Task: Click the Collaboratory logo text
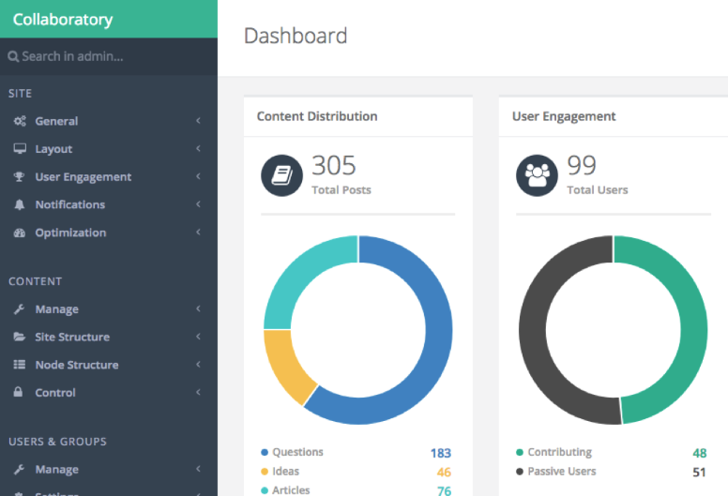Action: tap(62, 20)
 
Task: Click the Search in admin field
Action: tap(72, 56)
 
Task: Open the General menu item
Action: tap(56, 121)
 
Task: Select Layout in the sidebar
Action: tap(53, 149)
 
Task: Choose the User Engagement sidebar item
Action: tap(83, 177)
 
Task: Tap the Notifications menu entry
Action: tap(69, 204)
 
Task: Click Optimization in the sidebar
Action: tap(70, 233)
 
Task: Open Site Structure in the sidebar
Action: tap(72, 337)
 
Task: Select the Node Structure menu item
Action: tap(76, 365)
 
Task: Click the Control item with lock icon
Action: tap(55, 393)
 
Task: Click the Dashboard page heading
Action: tap(296, 37)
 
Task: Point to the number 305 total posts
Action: tap(334, 166)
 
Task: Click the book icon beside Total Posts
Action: tap(281, 175)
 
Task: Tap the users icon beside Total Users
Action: tap(538, 175)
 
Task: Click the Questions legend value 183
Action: tap(440, 453)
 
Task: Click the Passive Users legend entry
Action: tap(561, 472)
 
